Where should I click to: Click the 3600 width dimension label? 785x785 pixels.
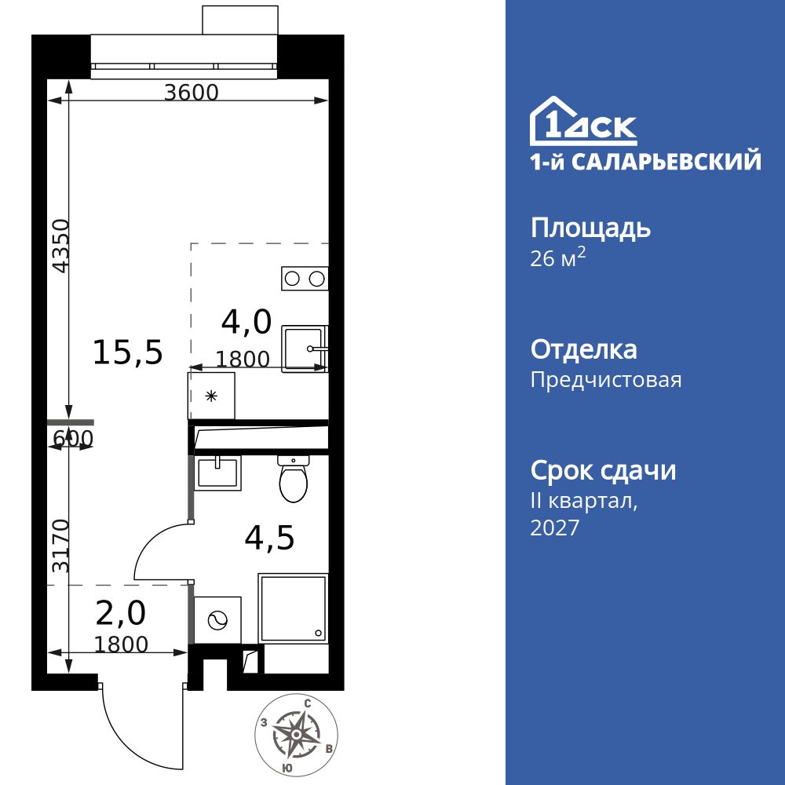191,92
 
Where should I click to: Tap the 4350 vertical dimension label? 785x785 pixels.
60,245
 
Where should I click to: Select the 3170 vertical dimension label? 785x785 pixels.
60,544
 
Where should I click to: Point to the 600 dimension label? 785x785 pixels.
73,438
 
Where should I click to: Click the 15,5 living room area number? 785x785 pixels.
128,352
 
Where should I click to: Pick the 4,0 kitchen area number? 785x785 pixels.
246,321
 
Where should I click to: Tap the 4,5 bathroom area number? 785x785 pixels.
269,538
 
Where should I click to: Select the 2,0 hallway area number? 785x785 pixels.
120,612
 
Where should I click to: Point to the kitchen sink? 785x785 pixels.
305,347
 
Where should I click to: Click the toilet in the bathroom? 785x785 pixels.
294,480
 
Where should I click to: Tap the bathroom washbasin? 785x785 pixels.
217,472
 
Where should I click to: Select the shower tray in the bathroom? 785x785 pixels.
292,608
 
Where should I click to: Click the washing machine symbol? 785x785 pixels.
214,620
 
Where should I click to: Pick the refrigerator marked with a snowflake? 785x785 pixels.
211,396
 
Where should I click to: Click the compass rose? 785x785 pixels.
298,734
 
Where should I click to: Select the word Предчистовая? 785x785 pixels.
606,380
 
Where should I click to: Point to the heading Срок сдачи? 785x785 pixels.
603,471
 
